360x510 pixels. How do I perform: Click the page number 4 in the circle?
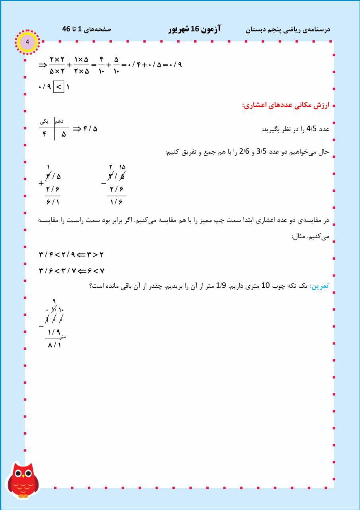point(27,42)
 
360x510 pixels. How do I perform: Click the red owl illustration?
point(23,481)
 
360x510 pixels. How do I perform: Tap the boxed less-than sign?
point(58,86)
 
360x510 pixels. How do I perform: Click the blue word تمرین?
point(319,286)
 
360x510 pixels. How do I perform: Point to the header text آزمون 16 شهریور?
point(194,29)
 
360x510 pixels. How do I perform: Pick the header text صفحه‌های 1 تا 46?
point(86,29)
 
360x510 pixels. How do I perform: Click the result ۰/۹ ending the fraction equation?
point(174,64)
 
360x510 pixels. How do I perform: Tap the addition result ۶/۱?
point(53,202)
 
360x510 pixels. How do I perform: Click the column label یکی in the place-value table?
point(45,121)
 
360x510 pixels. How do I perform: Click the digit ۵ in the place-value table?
point(64,134)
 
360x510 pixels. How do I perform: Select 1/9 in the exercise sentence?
point(221,286)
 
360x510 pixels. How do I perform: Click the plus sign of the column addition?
point(41,184)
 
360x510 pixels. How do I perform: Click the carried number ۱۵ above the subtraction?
point(122,167)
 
